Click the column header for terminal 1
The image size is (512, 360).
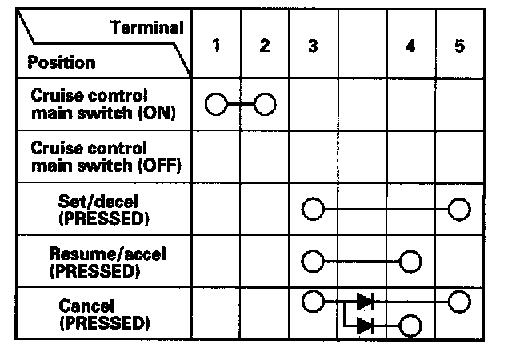coord(217,46)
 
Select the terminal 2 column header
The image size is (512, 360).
coord(265,46)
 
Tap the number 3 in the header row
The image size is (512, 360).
coord(312,46)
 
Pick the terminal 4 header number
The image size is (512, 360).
coord(410,46)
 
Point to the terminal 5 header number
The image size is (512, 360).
coord(458,46)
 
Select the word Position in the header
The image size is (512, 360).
coord(62,62)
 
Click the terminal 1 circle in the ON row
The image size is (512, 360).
coord(217,104)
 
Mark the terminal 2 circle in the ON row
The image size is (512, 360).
coord(265,104)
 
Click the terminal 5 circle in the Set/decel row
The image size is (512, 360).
coord(458,210)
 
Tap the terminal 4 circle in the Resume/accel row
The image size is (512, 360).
coord(410,261)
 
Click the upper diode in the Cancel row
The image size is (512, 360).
coord(364,302)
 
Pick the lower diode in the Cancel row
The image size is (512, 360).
coord(364,326)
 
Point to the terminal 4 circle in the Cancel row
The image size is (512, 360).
coord(410,326)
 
